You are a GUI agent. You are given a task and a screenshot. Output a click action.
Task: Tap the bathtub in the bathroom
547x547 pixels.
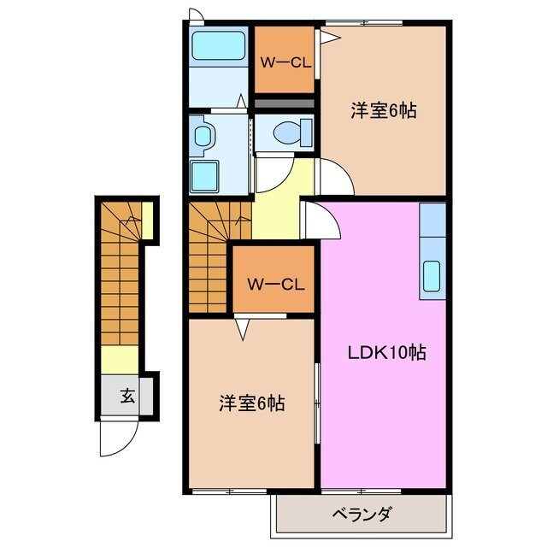219,45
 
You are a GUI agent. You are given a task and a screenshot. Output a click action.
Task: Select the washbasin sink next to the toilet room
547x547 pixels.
203,136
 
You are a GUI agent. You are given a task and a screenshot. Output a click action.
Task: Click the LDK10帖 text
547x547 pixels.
387,352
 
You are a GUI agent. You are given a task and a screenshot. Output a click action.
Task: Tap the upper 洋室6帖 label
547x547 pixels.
383,111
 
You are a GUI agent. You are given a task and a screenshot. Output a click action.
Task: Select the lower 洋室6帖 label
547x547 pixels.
251,402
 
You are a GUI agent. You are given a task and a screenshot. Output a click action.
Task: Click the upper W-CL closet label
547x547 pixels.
284,62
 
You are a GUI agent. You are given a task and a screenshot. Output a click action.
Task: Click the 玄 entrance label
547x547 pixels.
126,396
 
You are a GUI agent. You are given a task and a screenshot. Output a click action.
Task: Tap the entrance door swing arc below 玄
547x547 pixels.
115,438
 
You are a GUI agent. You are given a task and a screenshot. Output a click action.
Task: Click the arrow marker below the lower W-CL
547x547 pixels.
244,327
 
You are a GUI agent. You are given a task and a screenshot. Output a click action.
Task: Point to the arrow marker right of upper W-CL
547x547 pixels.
326,35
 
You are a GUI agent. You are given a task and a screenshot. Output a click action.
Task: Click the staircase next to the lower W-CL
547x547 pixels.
207,256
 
